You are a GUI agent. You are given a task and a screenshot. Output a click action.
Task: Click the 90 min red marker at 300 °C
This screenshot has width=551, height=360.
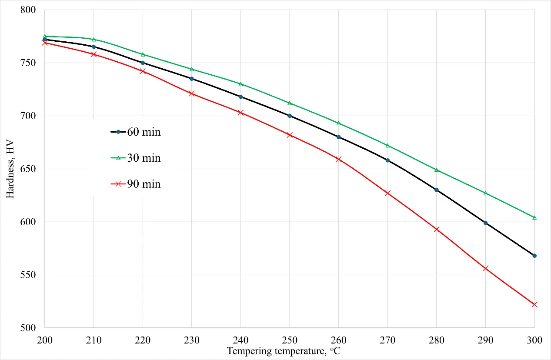click(534, 304)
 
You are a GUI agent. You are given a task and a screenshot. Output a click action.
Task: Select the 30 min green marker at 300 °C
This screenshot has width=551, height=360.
click(534, 217)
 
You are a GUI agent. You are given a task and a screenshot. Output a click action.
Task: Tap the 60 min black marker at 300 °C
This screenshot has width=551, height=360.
click(534, 256)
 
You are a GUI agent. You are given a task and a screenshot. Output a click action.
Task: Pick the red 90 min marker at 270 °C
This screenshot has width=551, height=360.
click(387, 193)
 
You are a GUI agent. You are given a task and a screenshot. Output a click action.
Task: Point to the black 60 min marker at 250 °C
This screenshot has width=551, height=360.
click(290, 116)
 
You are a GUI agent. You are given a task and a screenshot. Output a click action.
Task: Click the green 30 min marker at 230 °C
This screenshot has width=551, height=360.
click(192, 69)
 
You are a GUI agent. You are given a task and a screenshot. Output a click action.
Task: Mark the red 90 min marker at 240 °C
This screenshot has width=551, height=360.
click(240, 113)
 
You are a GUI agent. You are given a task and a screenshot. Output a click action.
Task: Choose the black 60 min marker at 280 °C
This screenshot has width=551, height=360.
click(437, 190)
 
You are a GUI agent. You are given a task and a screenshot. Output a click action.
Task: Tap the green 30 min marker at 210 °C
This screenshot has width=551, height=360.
click(94, 40)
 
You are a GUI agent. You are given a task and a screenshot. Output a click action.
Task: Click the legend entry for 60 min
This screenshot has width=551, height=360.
click(135, 132)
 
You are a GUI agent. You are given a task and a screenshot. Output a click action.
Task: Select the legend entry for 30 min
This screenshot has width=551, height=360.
click(135, 158)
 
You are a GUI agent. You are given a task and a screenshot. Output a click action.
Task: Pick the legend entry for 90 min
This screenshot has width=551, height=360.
click(135, 184)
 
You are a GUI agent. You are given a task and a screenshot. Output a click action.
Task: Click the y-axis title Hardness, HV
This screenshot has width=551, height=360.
click(10, 169)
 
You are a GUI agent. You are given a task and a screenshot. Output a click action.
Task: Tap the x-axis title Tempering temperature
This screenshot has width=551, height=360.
click(284, 351)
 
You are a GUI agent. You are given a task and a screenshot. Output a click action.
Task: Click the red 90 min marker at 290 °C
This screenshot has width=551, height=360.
click(485, 269)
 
